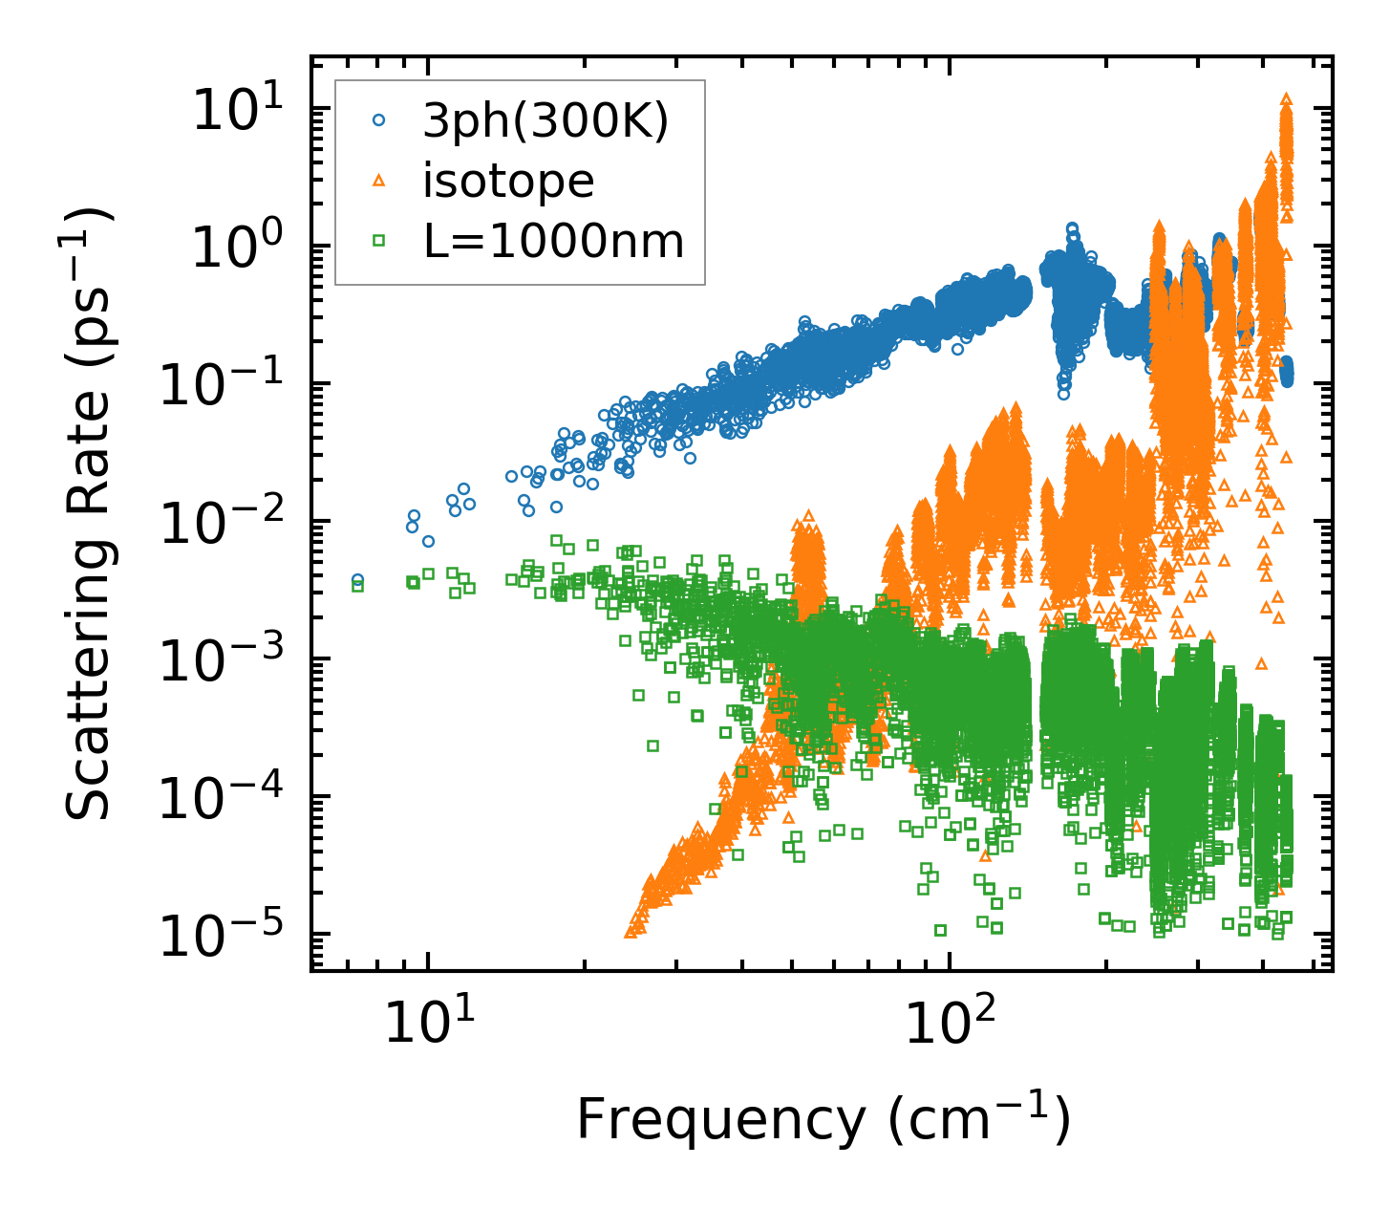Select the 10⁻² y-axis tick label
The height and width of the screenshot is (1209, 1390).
point(229,522)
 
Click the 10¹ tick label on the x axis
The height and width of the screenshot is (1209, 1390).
point(427,1025)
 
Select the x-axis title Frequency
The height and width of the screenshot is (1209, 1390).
point(822,1120)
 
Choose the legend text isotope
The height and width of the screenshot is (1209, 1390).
point(508,182)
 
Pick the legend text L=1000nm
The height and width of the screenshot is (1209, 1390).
point(554,242)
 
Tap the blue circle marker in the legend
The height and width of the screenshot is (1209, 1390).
point(379,121)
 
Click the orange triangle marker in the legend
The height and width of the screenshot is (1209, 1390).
point(379,181)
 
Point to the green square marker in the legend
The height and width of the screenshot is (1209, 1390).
point(379,242)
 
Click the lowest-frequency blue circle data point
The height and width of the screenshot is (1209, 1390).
point(357,579)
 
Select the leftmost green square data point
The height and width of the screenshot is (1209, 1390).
point(357,586)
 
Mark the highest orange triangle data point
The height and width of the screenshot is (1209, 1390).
point(1286,98)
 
